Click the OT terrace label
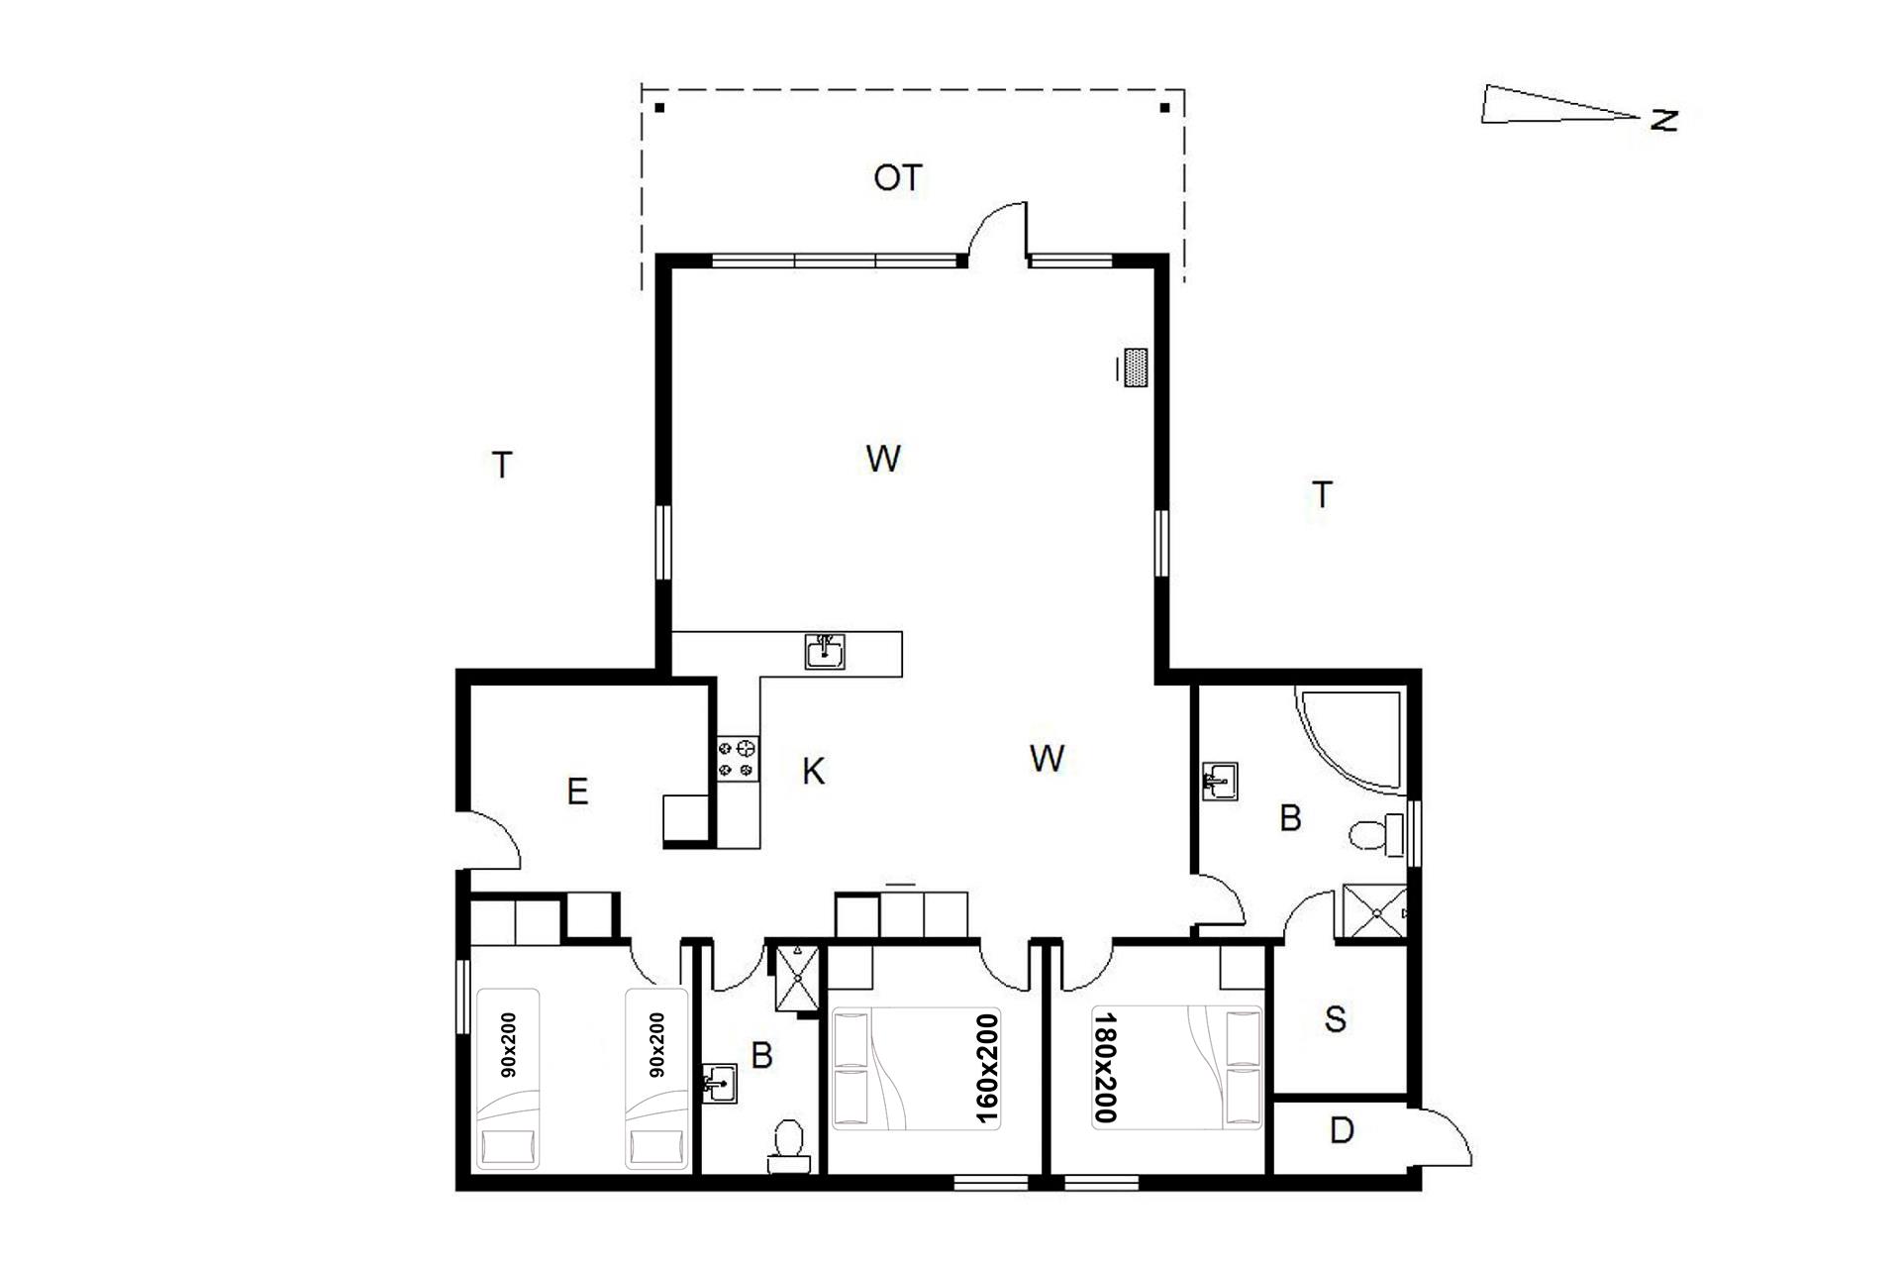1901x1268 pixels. coord(898,178)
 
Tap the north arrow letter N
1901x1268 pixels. coord(1664,120)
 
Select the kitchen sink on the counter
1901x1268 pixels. coord(825,652)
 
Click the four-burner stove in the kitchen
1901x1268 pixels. coord(739,757)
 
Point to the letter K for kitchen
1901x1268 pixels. coord(813,771)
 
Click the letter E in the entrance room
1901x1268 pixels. coord(577,792)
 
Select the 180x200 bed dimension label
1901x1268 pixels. coord(1106,1068)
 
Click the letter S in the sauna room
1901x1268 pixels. coord(1336,1019)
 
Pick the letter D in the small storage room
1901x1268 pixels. coord(1342,1130)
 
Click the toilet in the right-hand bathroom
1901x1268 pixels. coord(1377,835)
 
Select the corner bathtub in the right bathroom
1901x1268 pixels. coord(1351,740)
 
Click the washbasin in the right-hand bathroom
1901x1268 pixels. coord(1219,781)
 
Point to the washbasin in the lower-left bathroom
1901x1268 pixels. coord(720,1083)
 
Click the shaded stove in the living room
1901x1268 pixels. coord(1136,368)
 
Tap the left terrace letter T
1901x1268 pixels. coord(503,465)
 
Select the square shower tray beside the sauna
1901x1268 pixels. coord(1373,912)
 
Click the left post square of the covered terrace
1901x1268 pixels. coord(659,107)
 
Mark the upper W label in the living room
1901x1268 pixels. coord(883,459)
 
